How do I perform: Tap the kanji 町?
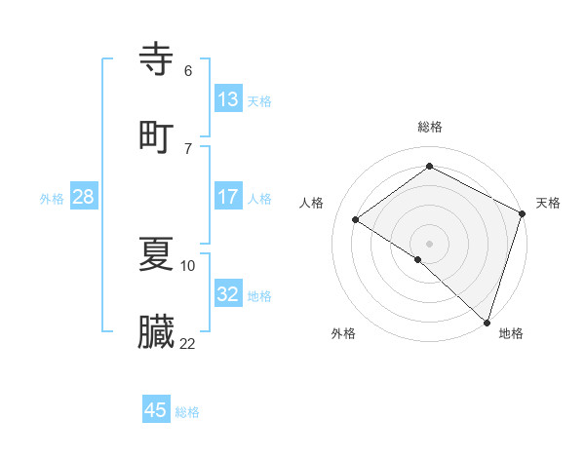(x=157, y=135)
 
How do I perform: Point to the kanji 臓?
(x=157, y=332)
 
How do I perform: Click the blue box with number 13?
(x=228, y=99)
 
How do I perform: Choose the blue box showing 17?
(x=228, y=197)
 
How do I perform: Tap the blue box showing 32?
(x=228, y=294)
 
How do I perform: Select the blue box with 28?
(x=83, y=197)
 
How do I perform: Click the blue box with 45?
(x=156, y=410)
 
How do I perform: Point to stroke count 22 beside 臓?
(x=188, y=343)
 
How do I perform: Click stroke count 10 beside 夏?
(x=188, y=265)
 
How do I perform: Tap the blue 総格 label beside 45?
(x=187, y=412)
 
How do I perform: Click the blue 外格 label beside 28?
(x=52, y=199)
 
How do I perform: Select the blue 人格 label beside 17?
(x=259, y=199)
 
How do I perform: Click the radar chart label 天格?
(x=548, y=203)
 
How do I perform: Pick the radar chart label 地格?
(x=511, y=333)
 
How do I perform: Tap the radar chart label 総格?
(x=430, y=127)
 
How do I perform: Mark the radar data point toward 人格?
(x=356, y=219)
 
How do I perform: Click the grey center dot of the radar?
(x=430, y=243)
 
